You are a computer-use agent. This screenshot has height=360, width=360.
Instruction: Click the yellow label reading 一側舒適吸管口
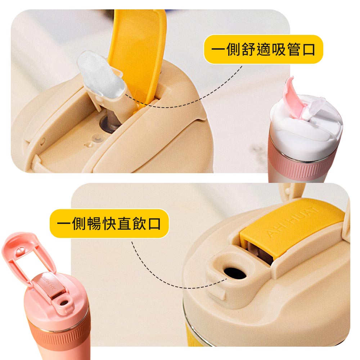(x=264, y=49)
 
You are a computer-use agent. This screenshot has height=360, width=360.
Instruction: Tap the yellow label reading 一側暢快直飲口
(x=109, y=224)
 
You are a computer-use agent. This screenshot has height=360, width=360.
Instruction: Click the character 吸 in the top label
(x=278, y=49)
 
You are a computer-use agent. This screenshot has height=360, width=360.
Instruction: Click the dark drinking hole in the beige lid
(x=235, y=273)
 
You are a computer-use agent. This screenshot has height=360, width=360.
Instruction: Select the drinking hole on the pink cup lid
(x=64, y=303)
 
